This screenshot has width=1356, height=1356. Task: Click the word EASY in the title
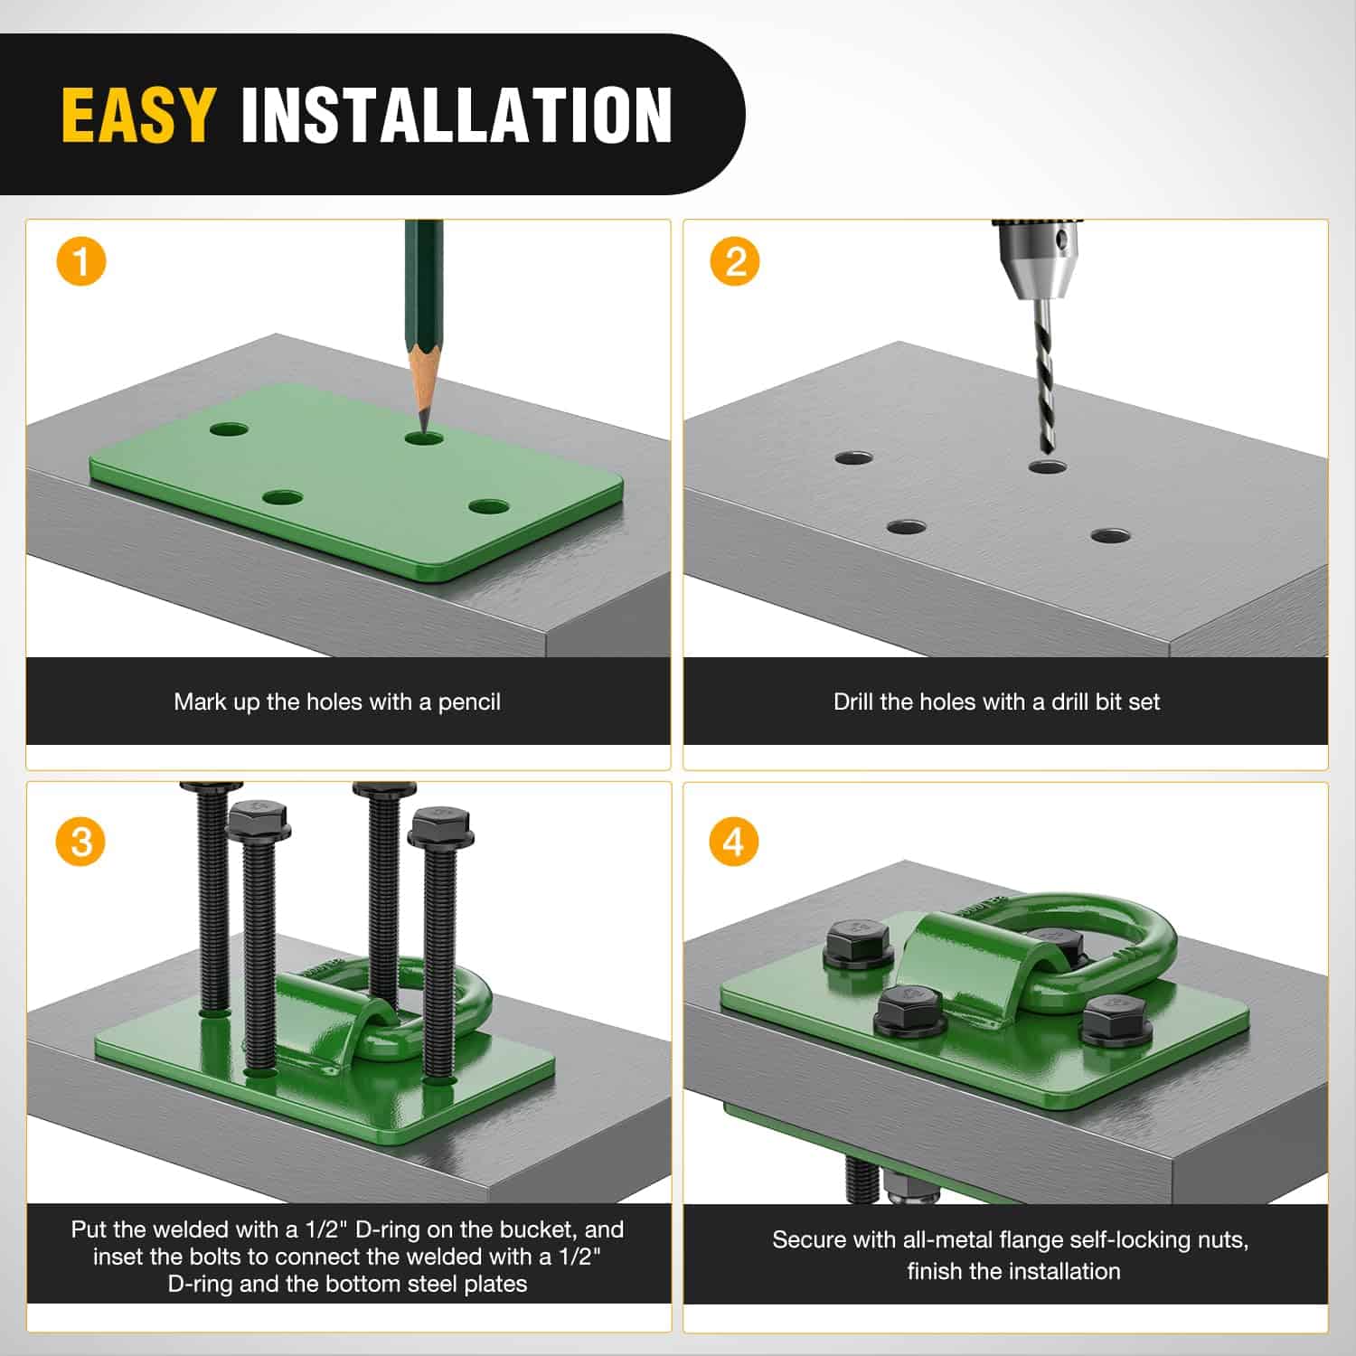point(137,115)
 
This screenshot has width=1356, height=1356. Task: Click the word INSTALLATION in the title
point(457,115)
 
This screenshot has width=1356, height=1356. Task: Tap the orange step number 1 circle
point(81,262)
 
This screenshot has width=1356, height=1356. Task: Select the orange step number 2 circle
point(735,262)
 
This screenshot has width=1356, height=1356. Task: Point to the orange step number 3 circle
point(81,843)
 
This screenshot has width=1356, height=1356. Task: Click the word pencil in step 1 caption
point(468,702)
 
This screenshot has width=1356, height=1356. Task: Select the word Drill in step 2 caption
point(853,702)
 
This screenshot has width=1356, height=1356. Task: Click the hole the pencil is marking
point(424,438)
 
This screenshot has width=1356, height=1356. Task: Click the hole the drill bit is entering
point(1047,467)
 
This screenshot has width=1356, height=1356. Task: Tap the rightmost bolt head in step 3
point(440,826)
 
